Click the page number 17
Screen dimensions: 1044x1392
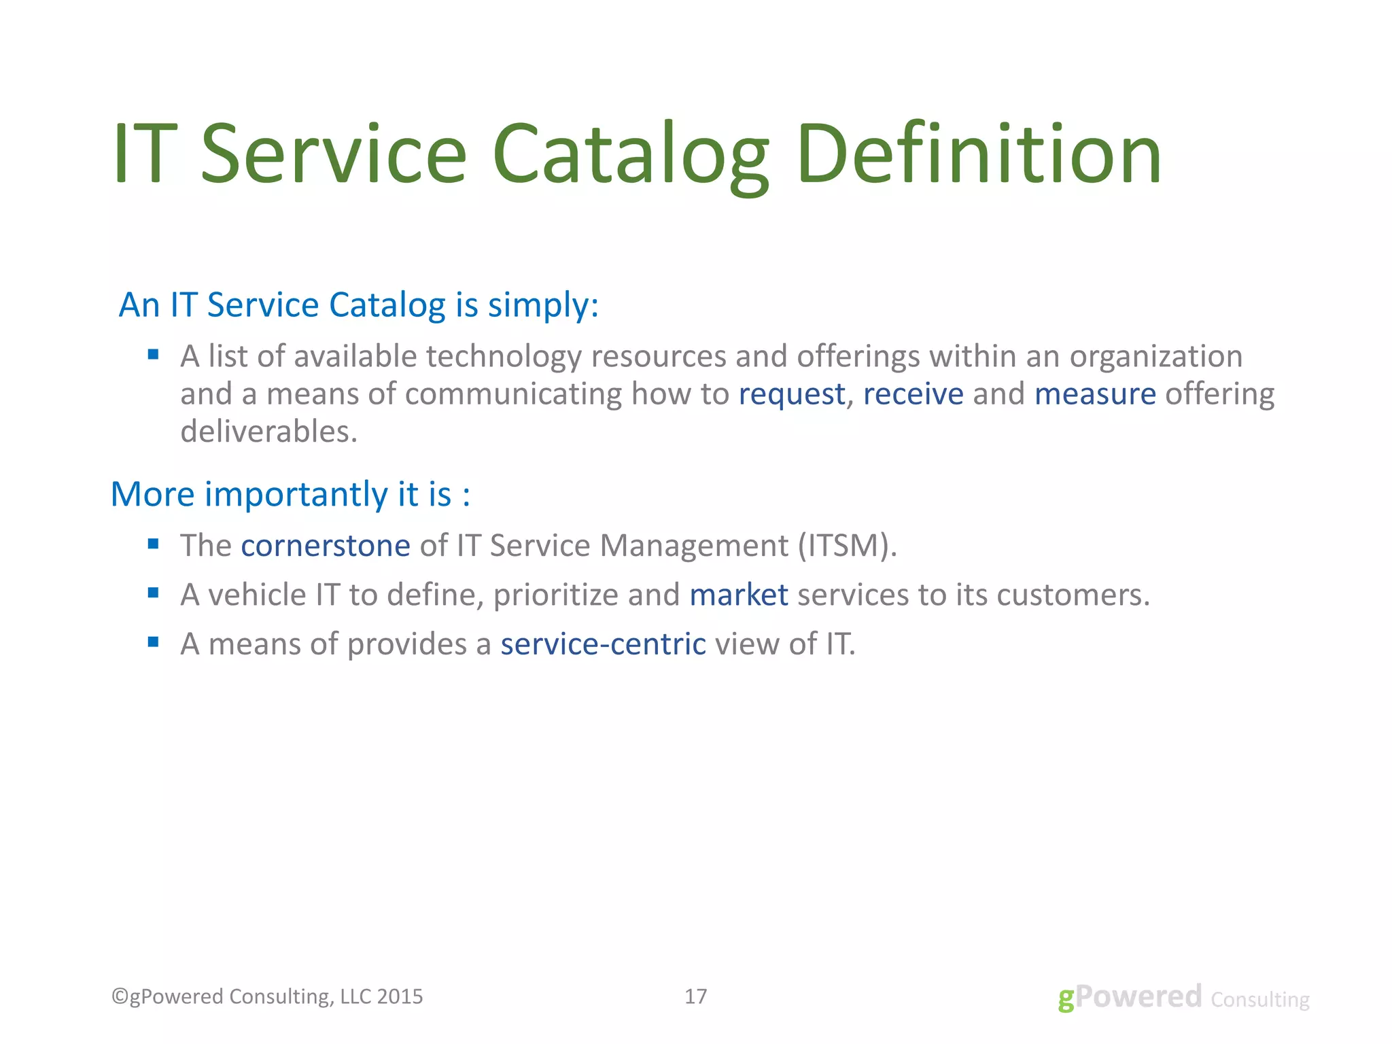point(695,996)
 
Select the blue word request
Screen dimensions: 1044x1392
point(792,394)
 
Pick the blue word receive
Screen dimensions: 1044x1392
point(913,394)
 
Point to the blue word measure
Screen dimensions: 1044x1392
point(1095,394)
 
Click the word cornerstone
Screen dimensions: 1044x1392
point(326,546)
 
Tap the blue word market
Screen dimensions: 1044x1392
point(739,595)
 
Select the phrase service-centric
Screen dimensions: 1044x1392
point(603,644)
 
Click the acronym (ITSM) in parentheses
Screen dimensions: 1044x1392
point(848,546)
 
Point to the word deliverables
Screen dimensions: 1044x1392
point(268,432)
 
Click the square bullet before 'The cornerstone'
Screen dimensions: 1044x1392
point(153,544)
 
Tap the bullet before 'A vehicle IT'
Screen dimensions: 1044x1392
point(153,593)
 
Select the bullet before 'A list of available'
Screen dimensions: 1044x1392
point(153,354)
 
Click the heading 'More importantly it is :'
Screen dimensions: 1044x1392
point(290,494)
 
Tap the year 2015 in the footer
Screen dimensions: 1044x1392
point(400,996)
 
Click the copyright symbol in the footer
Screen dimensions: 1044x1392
point(120,996)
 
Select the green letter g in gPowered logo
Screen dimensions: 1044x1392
point(1066,999)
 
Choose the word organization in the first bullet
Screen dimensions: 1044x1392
point(1155,357)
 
